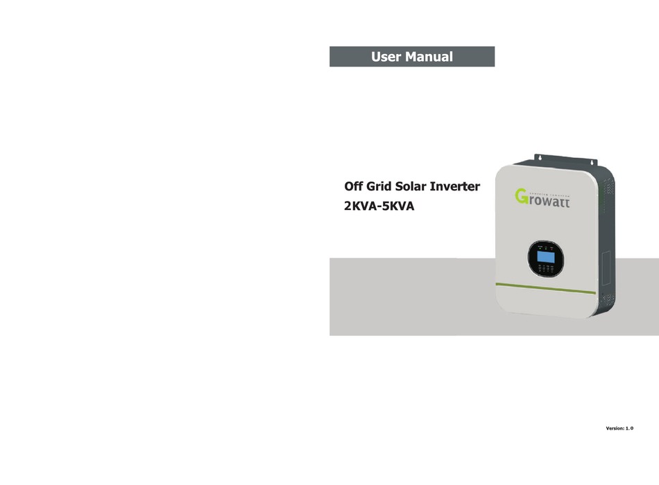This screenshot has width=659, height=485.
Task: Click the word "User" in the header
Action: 386,57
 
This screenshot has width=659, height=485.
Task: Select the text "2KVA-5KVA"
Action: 379,206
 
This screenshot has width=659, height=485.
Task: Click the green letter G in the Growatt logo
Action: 524,198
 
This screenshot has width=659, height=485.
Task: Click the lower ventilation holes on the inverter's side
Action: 609,299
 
